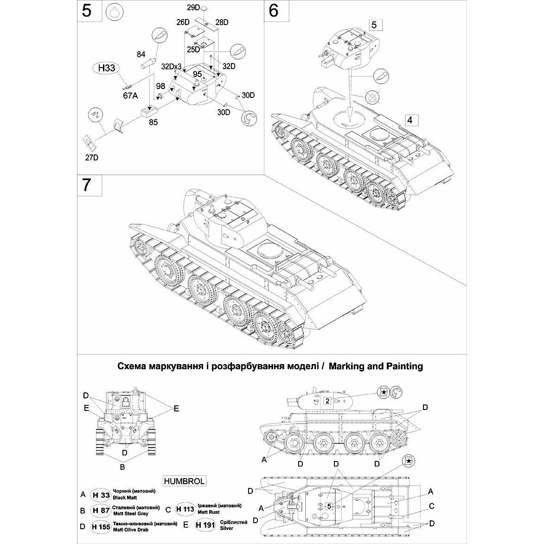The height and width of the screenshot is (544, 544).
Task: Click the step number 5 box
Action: [87, 11]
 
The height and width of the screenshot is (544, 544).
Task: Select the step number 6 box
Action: [273, 11]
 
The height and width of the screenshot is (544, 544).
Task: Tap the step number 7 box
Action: [87, 186]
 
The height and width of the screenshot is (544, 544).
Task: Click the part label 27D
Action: [91, 158]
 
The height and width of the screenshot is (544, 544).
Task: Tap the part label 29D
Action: [193, 8]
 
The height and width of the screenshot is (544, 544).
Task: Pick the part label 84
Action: [141, 55]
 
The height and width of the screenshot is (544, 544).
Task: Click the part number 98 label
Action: [160, 86]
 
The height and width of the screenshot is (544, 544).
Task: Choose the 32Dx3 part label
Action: [171, 66]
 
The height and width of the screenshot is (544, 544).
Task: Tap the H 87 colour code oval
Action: [100, 511]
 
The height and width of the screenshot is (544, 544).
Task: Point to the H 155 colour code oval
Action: [100, 526]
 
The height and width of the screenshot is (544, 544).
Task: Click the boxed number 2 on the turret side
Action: [327, 401]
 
